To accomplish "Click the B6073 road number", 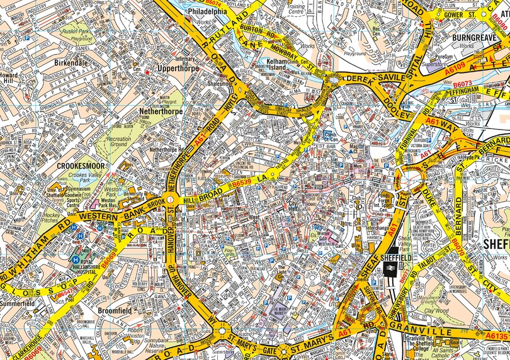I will (x=462, y=83).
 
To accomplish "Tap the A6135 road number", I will (x=496, y=337).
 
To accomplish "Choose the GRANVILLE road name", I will (x=421, y=332).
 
